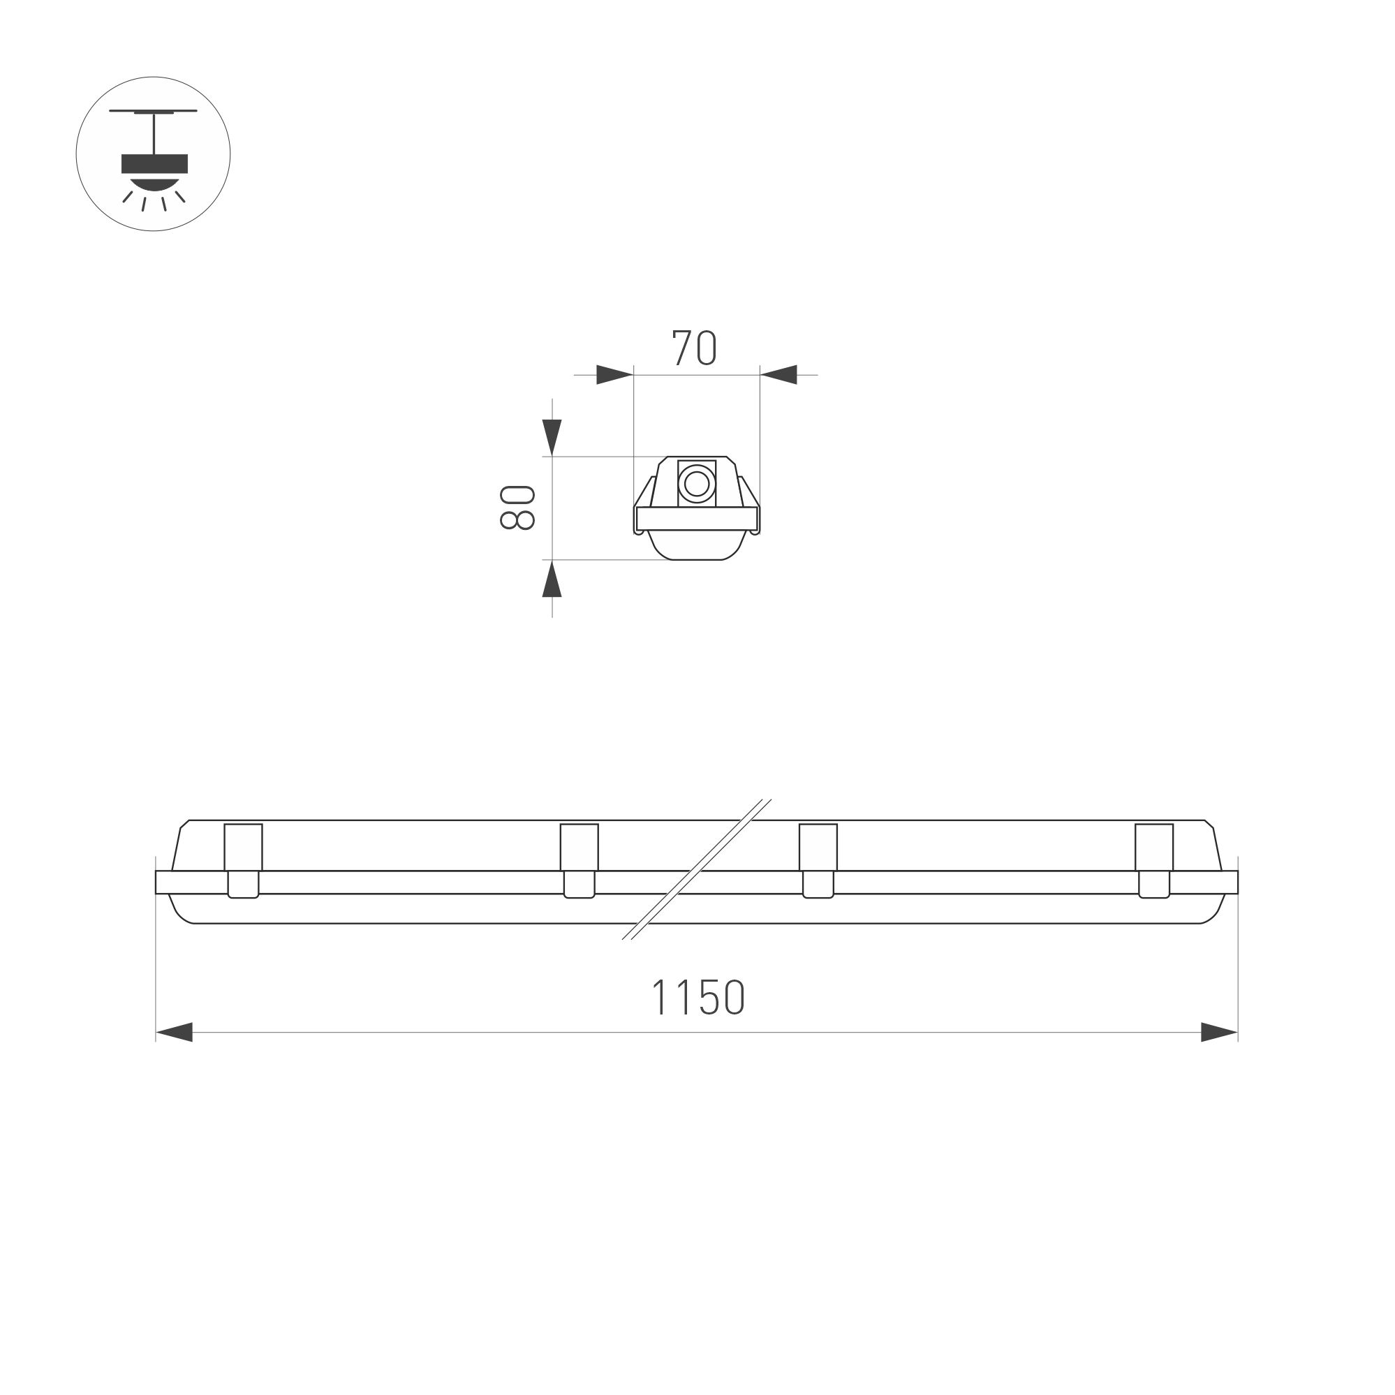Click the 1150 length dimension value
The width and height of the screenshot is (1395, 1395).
tap(697, 997)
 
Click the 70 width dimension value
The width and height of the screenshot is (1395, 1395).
tap(694, 348)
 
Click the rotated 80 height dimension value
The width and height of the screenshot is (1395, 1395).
tap(517, 508)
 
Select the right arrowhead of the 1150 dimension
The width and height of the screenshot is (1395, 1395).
tap(1220, 1032)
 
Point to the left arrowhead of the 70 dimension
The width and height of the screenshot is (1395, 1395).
tap(614, 375)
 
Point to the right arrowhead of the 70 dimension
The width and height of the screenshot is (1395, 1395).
tap(779, 375)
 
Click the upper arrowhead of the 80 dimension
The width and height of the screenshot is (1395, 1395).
tap(552, 437)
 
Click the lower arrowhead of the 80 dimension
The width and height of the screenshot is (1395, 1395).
tap(552, 580)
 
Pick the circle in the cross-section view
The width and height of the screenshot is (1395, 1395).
tap(697, 483)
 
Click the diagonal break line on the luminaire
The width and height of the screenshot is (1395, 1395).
tap(697, 869)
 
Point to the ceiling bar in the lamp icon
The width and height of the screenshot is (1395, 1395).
tap(153, 111)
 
